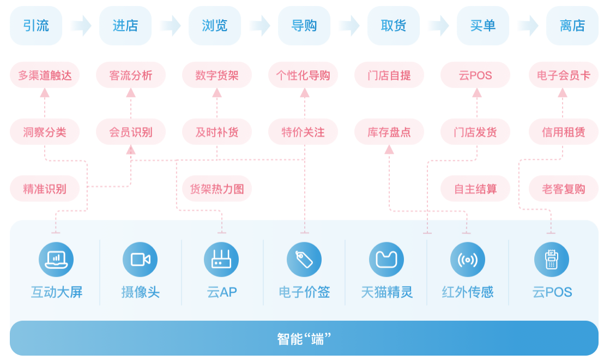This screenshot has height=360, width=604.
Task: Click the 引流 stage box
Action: [x=36, y=26]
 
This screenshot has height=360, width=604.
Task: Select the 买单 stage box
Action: [x=482, y=26]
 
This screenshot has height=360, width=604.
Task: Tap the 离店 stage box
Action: [x=572, y=26]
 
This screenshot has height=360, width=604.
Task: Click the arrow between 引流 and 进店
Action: [x=81, y=26]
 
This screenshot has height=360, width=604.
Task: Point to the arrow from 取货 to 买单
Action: [x=438, y=26]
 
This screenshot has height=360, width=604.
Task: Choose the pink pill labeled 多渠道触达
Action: [x=45, y=75]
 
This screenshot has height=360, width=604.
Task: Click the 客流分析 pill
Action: [x=131, y=75]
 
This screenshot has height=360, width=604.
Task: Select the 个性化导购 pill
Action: [x=303, y=75]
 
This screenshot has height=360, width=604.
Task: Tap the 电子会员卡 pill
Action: [x=564, y=75]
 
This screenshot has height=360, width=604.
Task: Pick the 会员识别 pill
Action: [x=131, y=132]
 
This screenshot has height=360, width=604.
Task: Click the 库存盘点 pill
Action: [x=389, y=132]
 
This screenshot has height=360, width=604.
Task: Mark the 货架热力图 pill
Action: [x=217, y=189]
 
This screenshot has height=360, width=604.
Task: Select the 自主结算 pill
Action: [x=475, y=189]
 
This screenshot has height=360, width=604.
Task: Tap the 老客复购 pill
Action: [x=564, y=189]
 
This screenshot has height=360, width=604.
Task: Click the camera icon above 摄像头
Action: [x=140, y=260]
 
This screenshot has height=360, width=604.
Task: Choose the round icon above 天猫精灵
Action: [x=386, y=260]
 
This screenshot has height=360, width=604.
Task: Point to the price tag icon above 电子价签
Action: [x=304, y=260]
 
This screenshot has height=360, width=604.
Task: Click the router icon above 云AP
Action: [x=221, y=260]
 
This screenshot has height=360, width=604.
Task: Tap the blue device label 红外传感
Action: [x=468, y=292]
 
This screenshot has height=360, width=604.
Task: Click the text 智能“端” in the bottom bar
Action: [x=304, y=339]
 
